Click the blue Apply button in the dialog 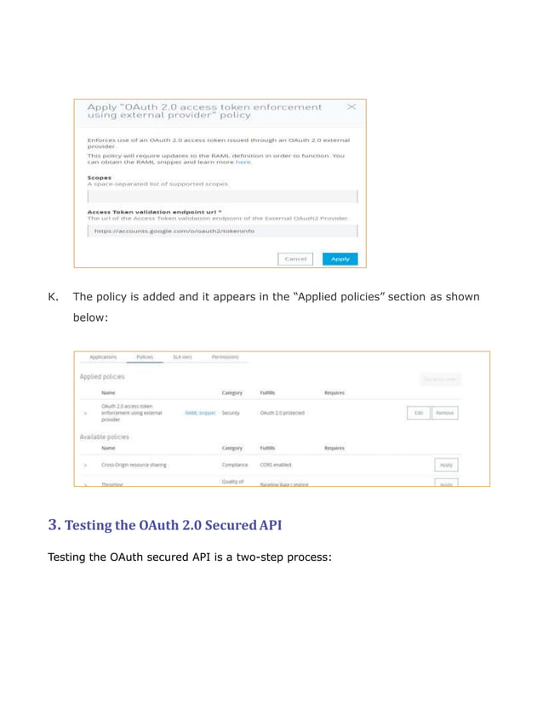coord(340,259)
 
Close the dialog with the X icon coord(352,107)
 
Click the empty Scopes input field coord(222,197)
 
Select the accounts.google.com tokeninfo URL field coord(222,231)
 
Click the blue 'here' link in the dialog coord(244,162)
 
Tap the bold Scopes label coord(100,178)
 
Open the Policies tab coord(145,357)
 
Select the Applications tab coord(104,357)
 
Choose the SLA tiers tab coord(182,357)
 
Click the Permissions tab coord(225,357)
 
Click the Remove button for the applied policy coord(444,413)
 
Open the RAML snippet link coord(200,413)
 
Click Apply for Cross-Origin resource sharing coord(446,466)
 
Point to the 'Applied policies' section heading coord(102,376)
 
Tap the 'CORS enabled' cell coord(276,466)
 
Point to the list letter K coord(52,297)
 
